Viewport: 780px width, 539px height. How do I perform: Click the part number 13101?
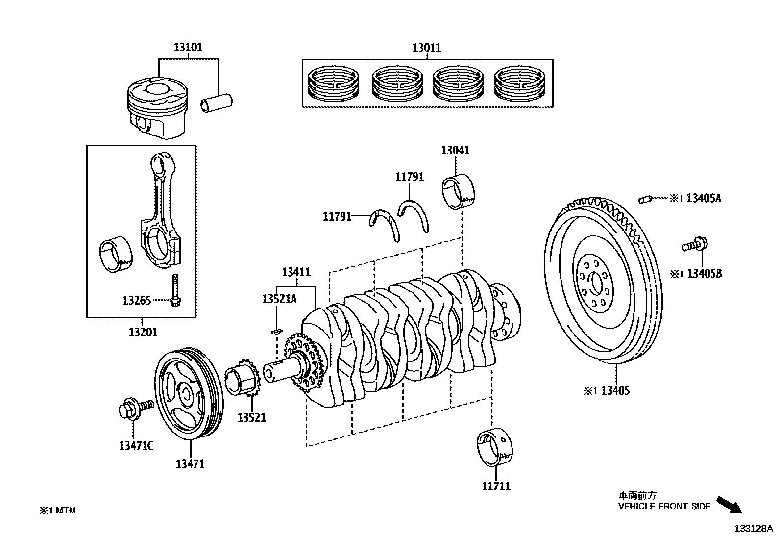point(188,48)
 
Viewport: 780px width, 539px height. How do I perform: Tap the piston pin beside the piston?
point(216,103)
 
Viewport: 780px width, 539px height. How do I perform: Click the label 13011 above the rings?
point(426,48)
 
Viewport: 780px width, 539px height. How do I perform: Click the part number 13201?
point(143,332)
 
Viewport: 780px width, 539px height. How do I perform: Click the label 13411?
point(296,271)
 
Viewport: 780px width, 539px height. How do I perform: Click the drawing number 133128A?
point(753,528)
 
